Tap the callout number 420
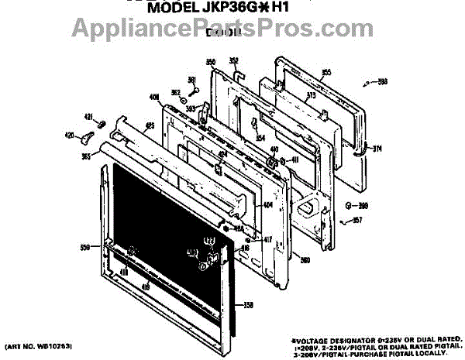tap(69, 135)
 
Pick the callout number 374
tap(378, 149)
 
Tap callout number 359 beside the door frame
tap(85, 248)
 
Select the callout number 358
tap(248, 305)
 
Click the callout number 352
tap(233, 60)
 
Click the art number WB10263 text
tap(32, 343)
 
